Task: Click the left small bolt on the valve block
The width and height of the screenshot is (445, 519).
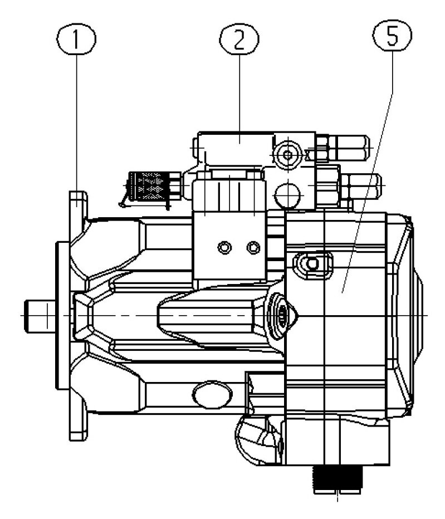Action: click(x=224, y=247)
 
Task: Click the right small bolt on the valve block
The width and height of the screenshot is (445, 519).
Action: click(x=254, y=246)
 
